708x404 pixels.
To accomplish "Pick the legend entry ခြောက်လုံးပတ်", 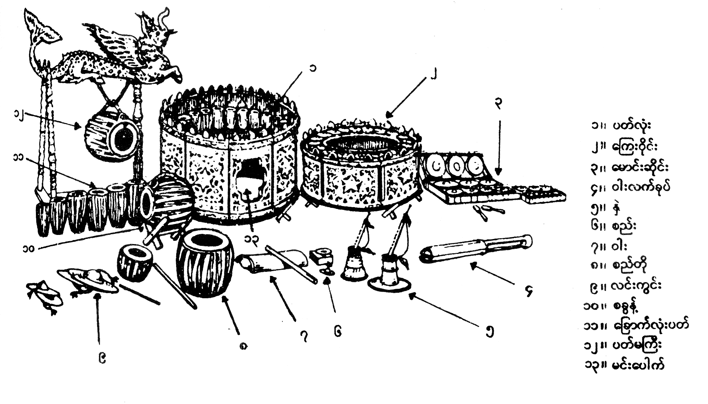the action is [636, 325].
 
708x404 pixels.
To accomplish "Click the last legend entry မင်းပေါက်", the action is [624, 365].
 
